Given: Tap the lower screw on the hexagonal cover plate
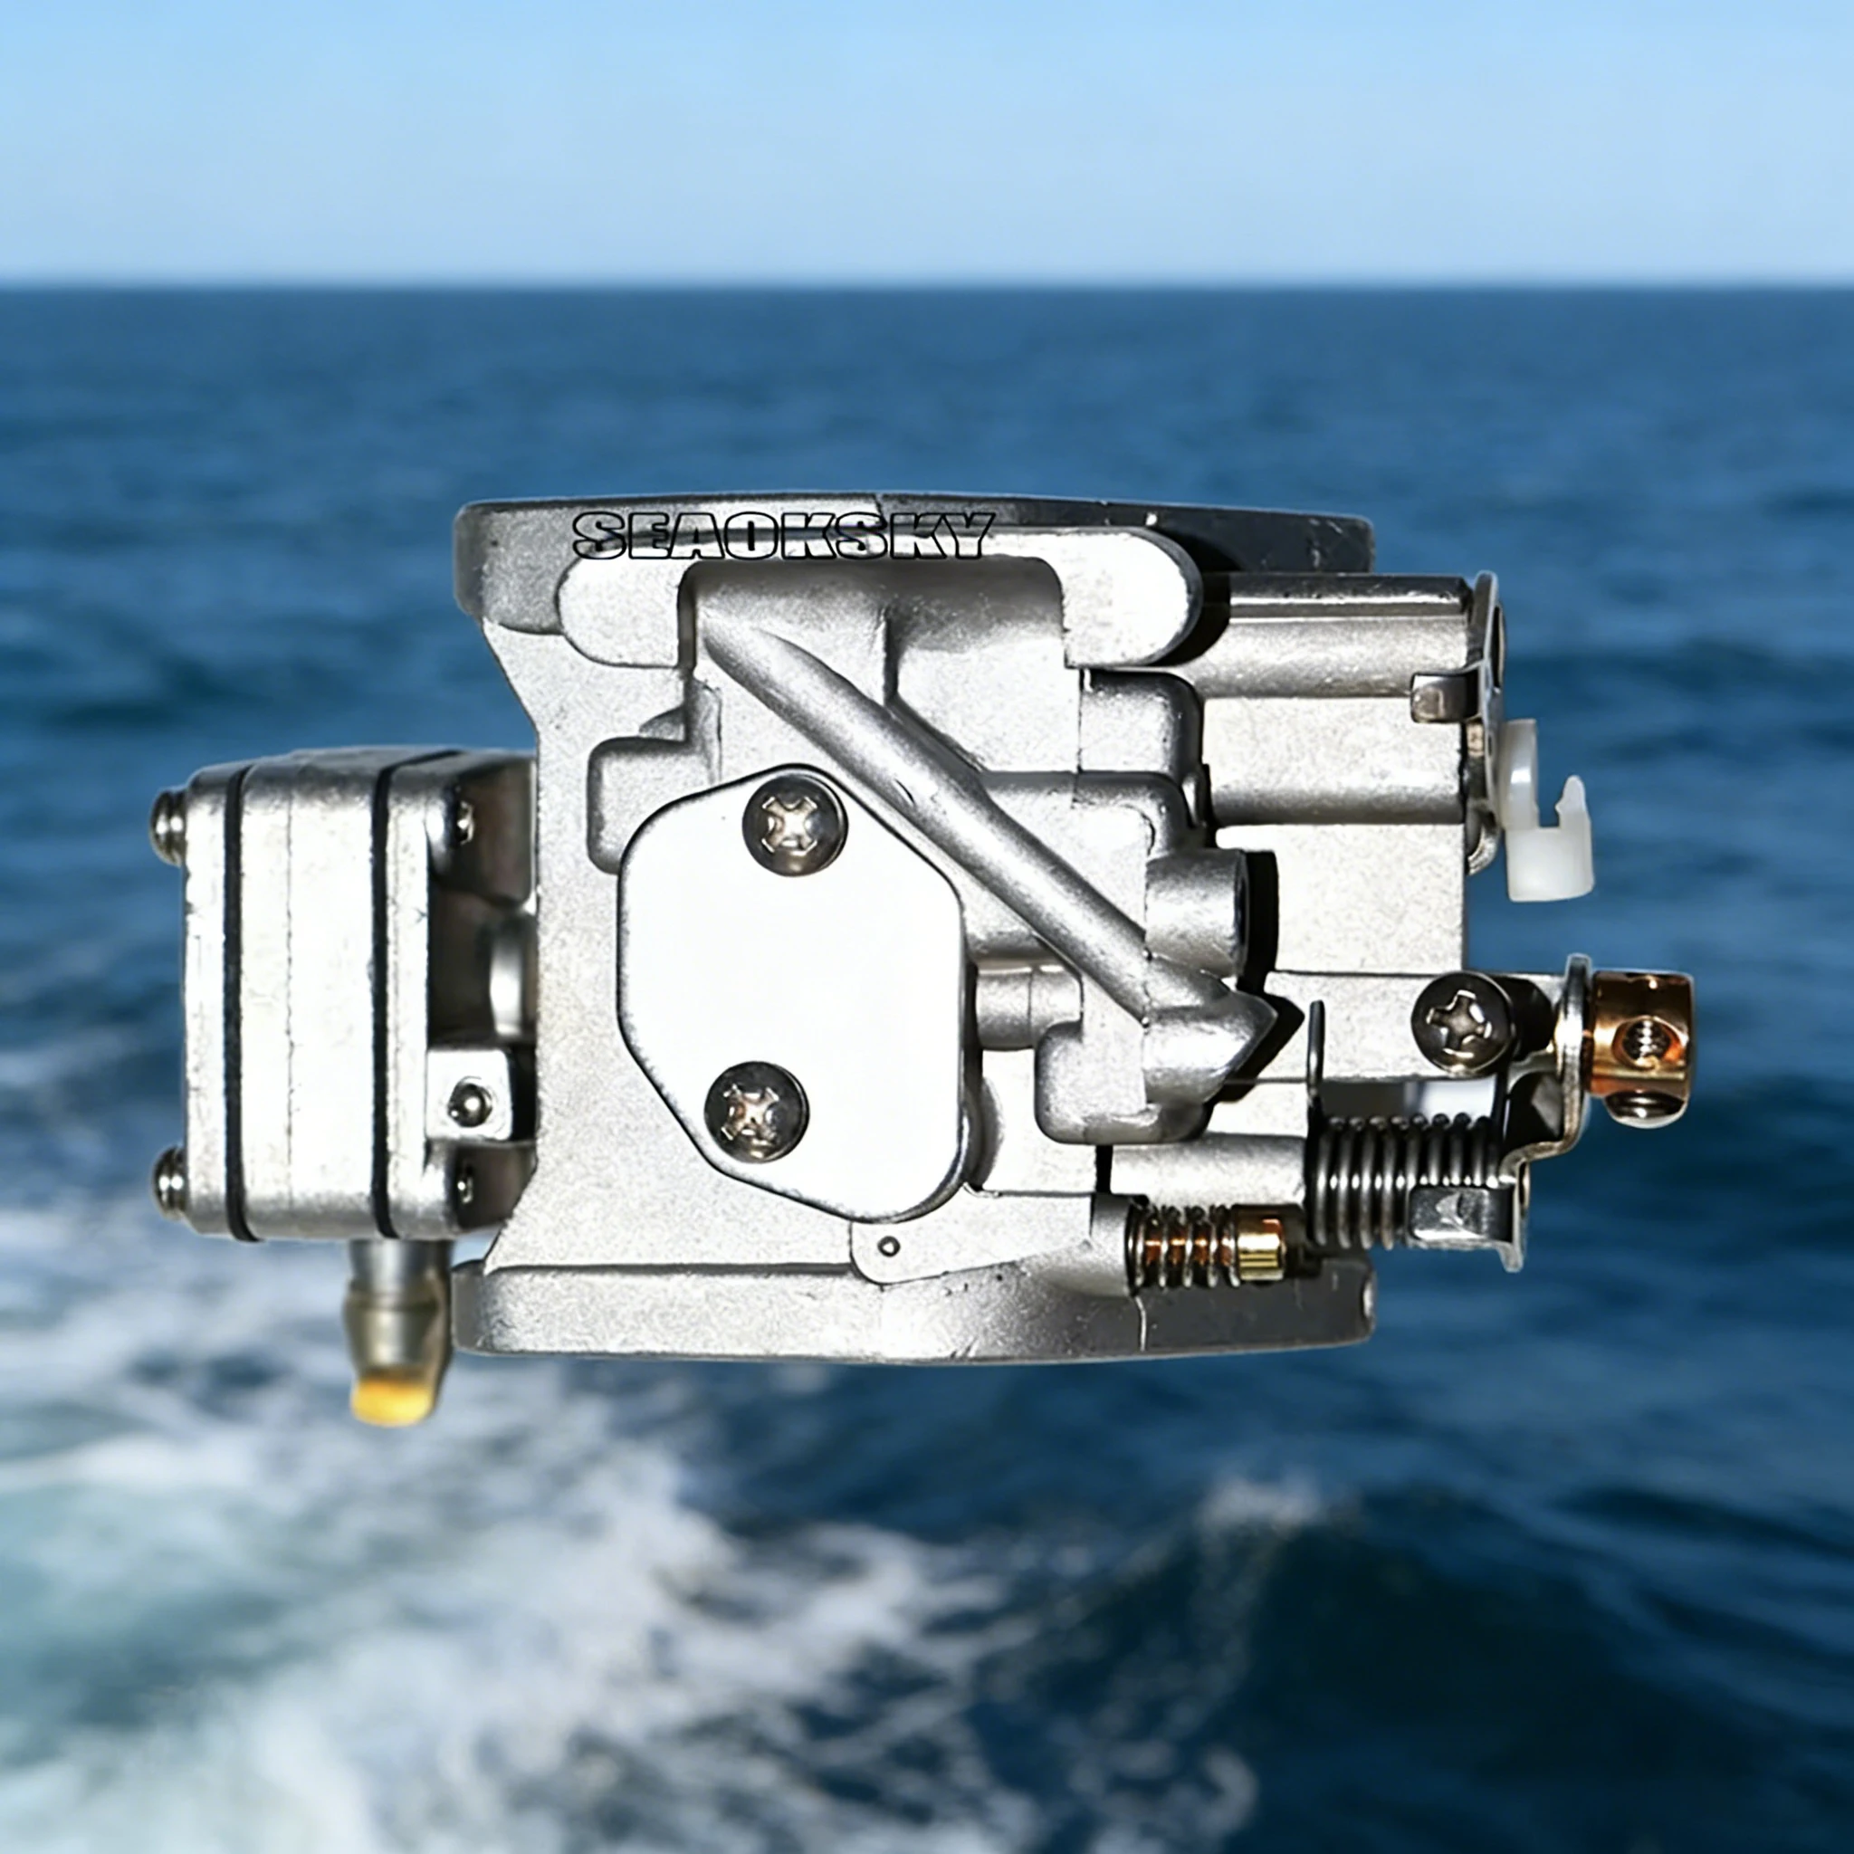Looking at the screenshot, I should click(755, 1109).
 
